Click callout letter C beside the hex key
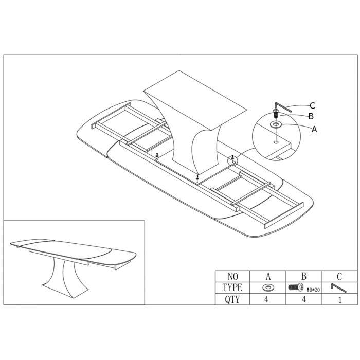tap(312, 105)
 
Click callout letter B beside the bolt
tap(311, 116)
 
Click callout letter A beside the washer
tap(314, 129)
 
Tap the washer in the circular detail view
tap(276, 124)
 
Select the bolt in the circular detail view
tap(276, 114)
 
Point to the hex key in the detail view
tap(282, 106)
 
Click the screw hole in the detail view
tap(276, 142)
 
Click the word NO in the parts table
tap(232, 277)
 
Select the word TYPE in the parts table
tap(232, 287)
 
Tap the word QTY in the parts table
tap(232, 299)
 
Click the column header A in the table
tap(268, 277)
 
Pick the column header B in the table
tap(303, 276)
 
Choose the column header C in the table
tap(339, 277)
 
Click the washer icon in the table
tap(267, 287)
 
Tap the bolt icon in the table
tap(296, 287)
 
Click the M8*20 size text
tap(313, 290)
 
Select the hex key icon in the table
tap(338, 288)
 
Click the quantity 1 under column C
tap(340, 300)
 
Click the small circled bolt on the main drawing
tap(233, 158)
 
